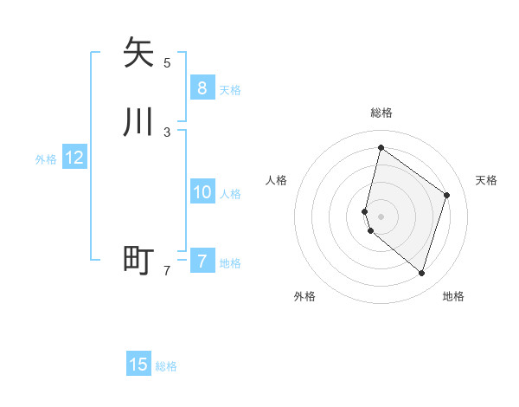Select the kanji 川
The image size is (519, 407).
138,122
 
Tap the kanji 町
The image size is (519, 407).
138,260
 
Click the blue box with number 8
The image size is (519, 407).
202,87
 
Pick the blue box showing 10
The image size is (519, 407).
202,192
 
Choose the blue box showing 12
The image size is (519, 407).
74,158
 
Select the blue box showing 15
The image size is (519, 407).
138,365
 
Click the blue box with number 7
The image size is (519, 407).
202,261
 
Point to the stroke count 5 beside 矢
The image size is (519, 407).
167,62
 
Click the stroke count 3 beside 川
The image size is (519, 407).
167,132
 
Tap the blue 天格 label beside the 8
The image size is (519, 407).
230,90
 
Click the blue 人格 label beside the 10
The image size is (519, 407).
231,194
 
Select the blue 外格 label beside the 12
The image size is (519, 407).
46,159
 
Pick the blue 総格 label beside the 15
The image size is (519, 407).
166,366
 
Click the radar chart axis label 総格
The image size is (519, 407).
381,113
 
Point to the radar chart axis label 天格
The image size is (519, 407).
486,180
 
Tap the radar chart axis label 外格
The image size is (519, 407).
304,296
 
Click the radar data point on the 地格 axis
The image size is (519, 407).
422,273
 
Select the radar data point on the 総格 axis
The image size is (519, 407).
381,148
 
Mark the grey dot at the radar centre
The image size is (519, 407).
381,216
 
